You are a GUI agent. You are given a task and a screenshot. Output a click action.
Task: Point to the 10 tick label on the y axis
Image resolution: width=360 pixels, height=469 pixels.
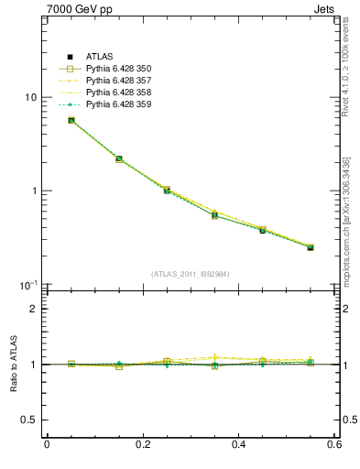30,97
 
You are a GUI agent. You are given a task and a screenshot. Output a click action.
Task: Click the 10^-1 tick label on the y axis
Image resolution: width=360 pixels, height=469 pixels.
29,285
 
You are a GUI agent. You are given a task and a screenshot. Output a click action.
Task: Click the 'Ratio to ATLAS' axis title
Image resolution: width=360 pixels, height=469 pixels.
12,365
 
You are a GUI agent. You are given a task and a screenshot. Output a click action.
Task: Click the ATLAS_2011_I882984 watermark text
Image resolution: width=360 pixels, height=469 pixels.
191,274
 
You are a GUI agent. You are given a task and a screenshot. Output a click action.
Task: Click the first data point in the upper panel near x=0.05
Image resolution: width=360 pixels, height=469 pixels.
71,120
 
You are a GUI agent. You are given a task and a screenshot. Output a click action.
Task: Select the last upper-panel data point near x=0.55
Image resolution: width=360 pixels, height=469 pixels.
311,247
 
